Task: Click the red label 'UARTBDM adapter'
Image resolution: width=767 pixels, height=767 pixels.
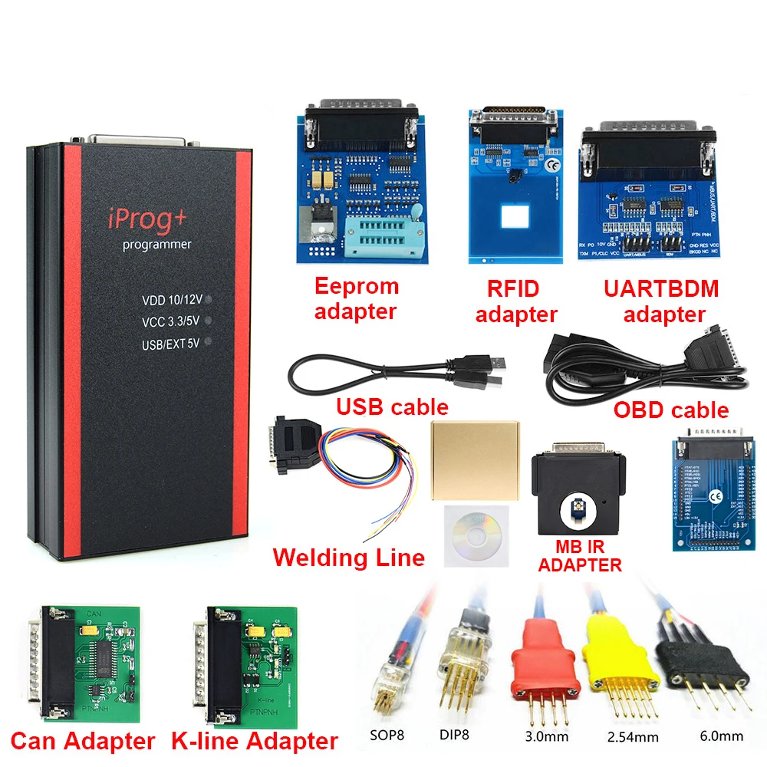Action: point(660,301)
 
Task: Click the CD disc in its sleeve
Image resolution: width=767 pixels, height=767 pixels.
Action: point(473,532)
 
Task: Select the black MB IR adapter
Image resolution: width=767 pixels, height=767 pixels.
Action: point(578,491)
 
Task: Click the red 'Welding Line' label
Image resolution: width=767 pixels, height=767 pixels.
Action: point(348,557)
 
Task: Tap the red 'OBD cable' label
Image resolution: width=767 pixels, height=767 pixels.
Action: point(670,410)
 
